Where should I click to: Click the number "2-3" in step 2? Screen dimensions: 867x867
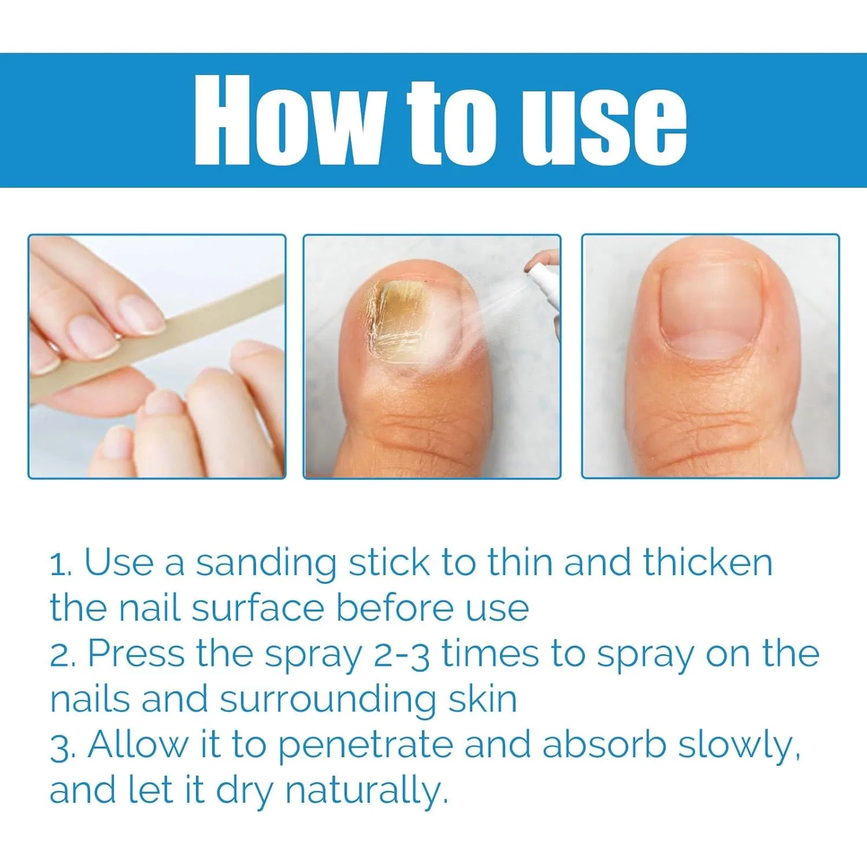click(402, 655)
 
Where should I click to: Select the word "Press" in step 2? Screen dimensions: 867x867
click(137, 653)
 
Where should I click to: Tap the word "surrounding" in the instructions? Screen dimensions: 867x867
click(328, 700)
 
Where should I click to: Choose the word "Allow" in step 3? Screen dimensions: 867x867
click(138, 744)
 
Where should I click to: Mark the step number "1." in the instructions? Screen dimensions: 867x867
click(61, 564)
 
